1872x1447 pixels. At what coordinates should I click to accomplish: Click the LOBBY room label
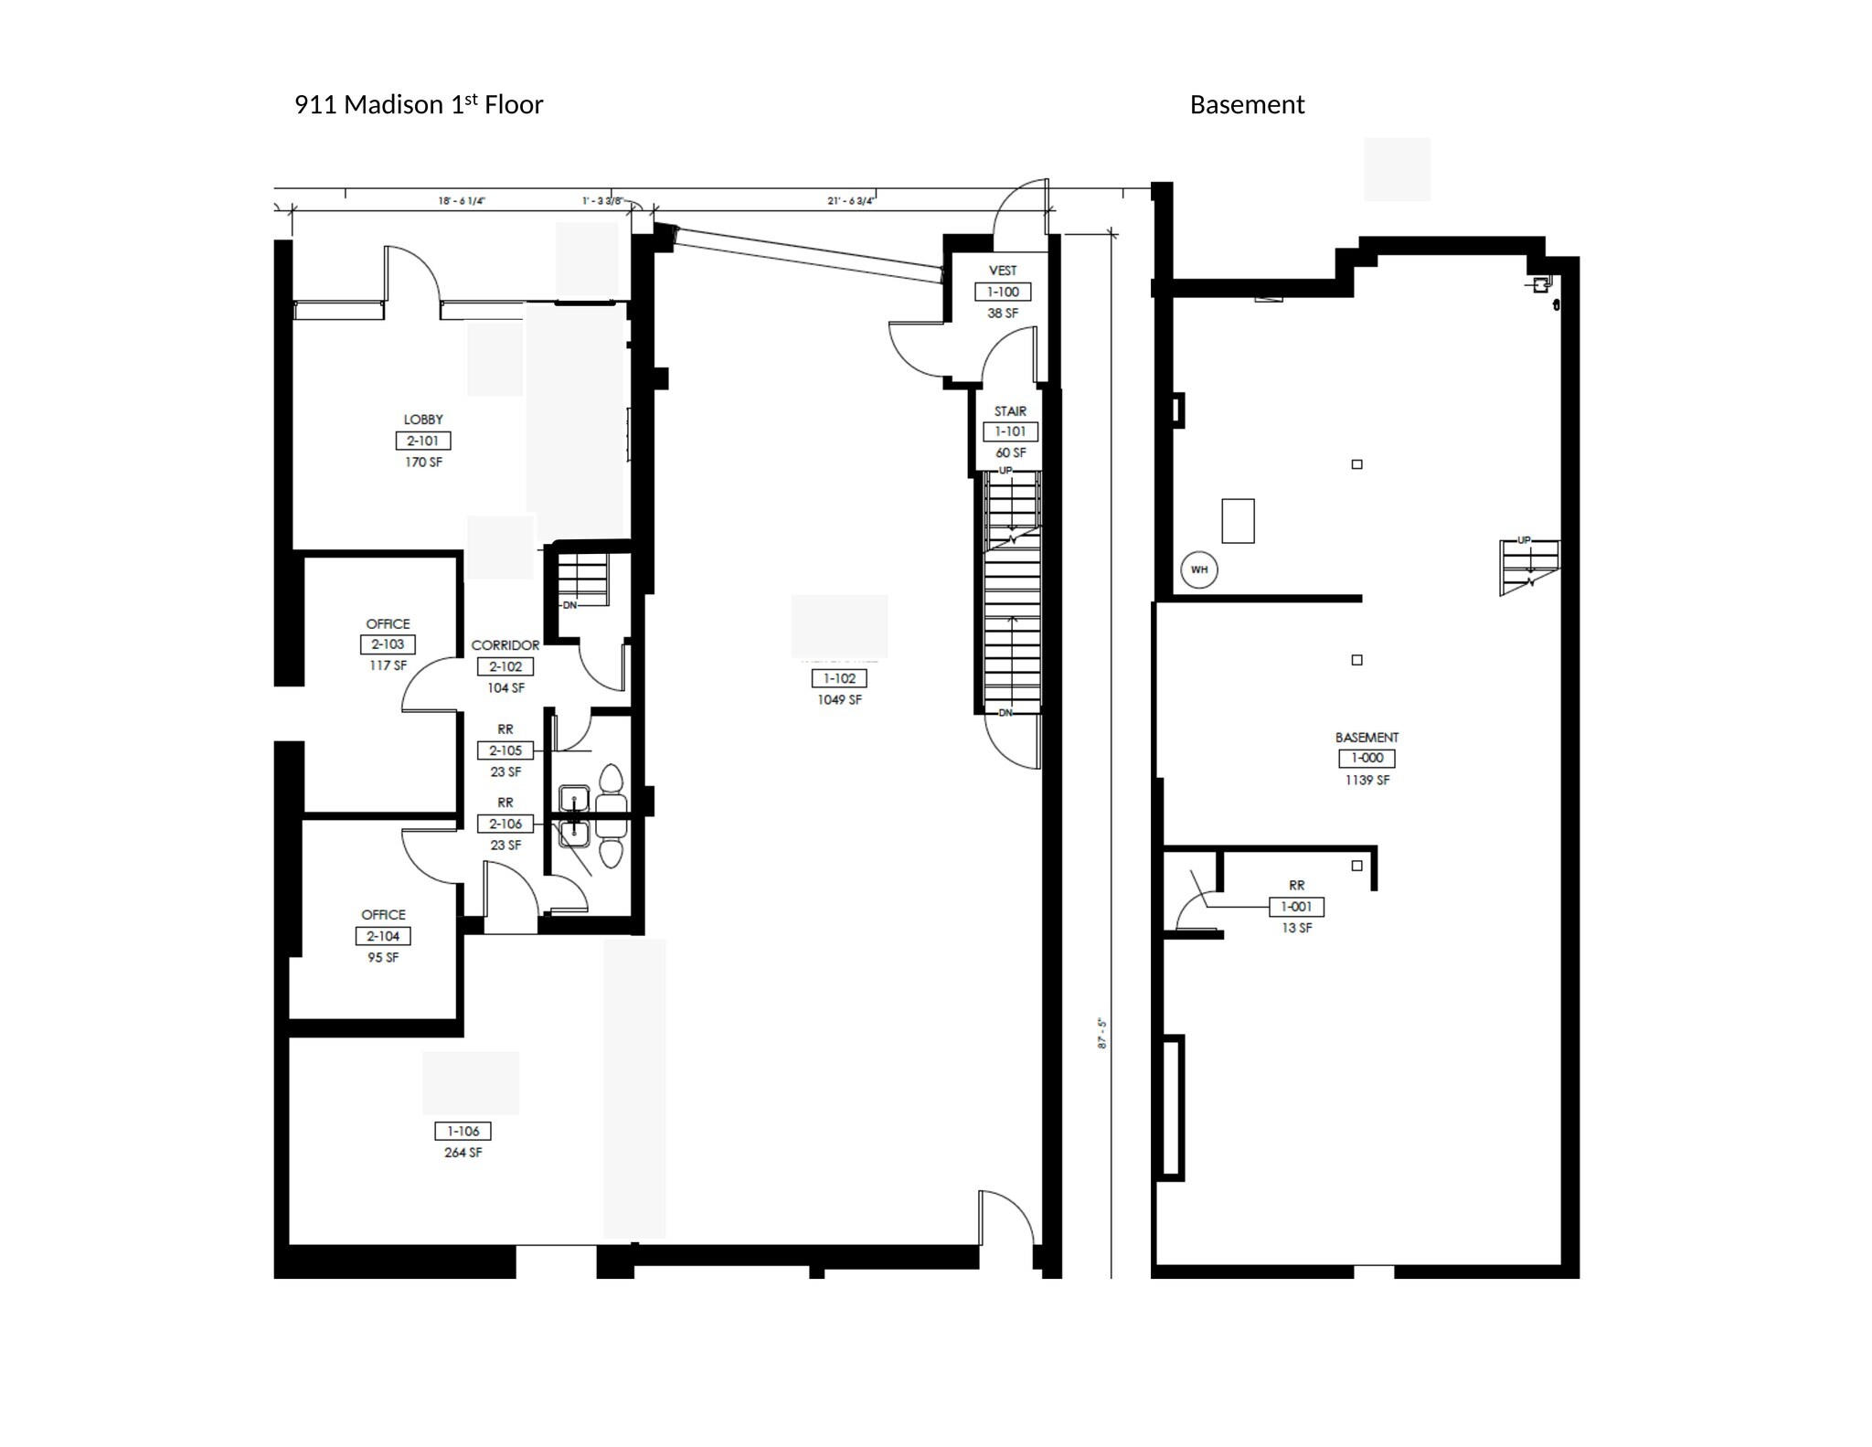point(423,420)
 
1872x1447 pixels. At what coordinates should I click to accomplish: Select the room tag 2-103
point(388,644)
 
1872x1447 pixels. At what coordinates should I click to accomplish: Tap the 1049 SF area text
point(839,700)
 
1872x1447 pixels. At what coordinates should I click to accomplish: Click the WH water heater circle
point(1198,569)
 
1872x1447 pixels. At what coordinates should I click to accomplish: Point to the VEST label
point(1003,271)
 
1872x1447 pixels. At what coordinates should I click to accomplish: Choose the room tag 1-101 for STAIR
point(1010,431)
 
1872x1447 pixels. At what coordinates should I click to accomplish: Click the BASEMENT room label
point(1367,737)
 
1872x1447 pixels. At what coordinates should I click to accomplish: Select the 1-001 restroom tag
point(1296,907)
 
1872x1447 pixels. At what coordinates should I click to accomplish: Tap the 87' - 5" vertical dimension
point(1102,1034)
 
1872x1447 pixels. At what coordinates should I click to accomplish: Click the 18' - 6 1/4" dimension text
point(461,201)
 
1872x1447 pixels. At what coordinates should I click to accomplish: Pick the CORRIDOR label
point(505,645)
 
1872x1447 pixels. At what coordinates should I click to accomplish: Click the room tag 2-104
point(383,936)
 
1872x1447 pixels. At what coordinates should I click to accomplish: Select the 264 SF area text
point(463,1153)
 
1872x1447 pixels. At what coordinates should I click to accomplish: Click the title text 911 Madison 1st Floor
point(418,105)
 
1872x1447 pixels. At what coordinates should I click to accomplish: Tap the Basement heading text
point(1247,105)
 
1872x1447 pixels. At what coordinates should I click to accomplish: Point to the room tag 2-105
point(505,750)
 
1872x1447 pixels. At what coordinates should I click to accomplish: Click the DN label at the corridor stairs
point(569,605)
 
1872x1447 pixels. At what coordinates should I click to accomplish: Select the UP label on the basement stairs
point(1524,540)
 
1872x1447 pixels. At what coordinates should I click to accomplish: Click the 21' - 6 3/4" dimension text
point(850,201)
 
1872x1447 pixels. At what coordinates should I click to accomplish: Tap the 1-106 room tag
point(463,1132)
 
